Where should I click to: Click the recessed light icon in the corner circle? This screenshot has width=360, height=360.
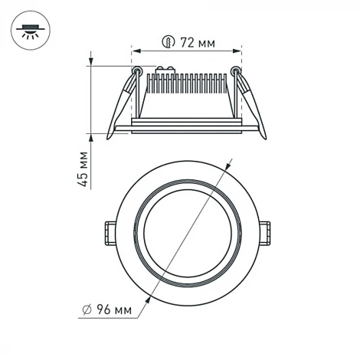(31, 31)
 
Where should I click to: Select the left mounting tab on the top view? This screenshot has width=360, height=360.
(109, 231)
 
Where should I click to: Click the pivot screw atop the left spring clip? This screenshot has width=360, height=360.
(137, 71)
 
